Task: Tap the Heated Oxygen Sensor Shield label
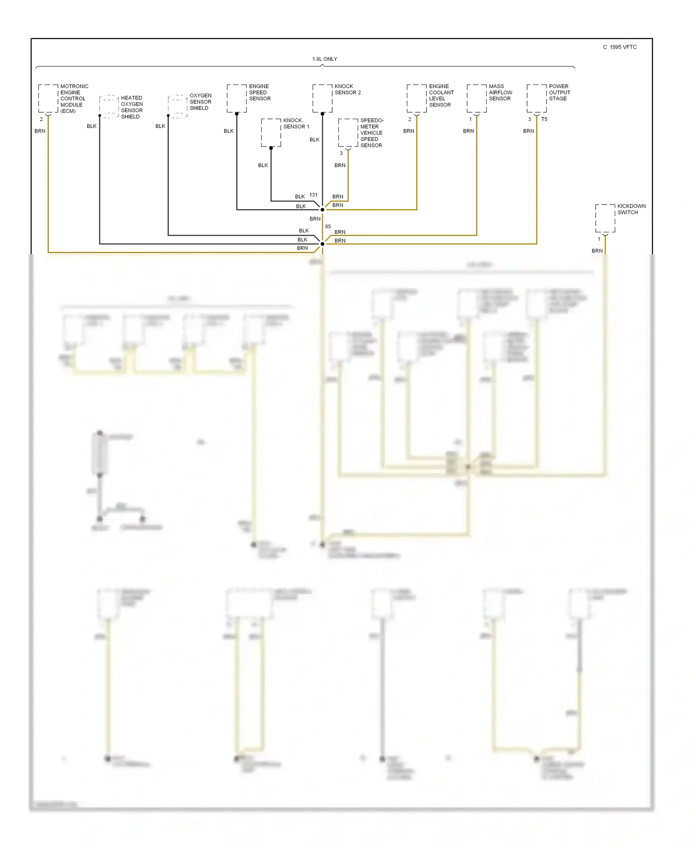click(132, 107)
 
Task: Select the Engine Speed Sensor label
click(260, 92)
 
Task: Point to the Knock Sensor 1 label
click(296, 123)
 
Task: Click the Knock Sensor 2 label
click(348, 90)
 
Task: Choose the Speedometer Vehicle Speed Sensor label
click(372, 133)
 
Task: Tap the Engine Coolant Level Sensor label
click(441, 96)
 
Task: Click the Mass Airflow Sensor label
click(500, 92)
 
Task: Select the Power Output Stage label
click(559, 92)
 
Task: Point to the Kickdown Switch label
click(631, 209)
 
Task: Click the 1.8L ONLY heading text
click(324, 59)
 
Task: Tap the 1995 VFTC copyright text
click(620, 47)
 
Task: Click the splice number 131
click(313, 195)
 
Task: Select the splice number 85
click(328, 226)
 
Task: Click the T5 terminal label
click(544, 119)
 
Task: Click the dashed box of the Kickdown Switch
click(605, 218)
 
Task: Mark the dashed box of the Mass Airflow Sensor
click(477, 98)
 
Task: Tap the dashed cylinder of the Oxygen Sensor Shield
click(177, 106)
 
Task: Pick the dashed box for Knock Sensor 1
click(271, 133)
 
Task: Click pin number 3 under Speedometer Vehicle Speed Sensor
click(341, 153)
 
